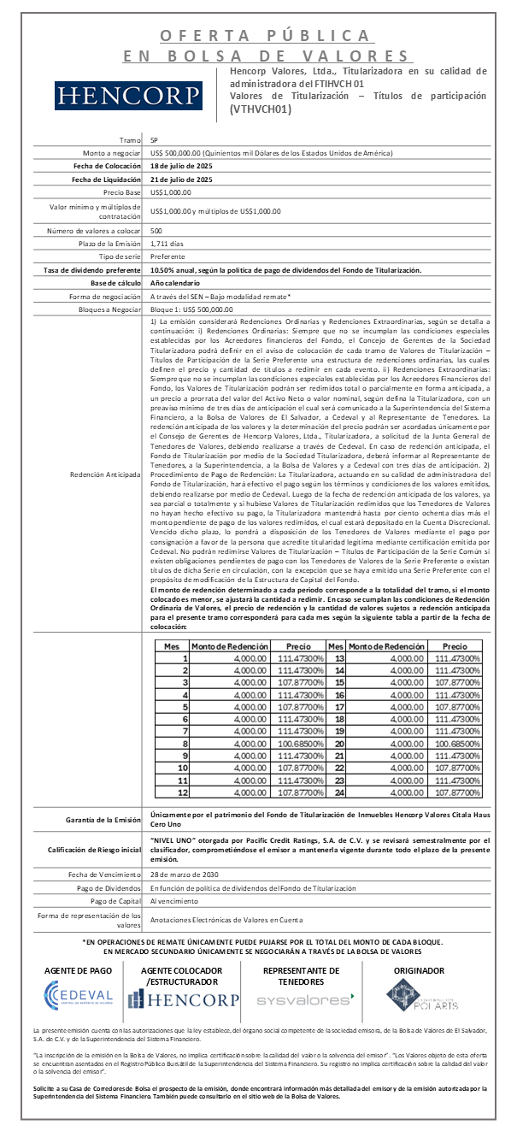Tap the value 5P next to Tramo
point(154,139)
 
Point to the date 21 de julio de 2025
point(180,180)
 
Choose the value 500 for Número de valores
point(156,230)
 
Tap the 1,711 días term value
point(167,244)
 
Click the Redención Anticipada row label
point(108,474)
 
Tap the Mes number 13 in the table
point(339,658)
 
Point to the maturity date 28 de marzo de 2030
point(192,875)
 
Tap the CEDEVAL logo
point(79,994)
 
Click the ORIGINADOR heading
point(418,970)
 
